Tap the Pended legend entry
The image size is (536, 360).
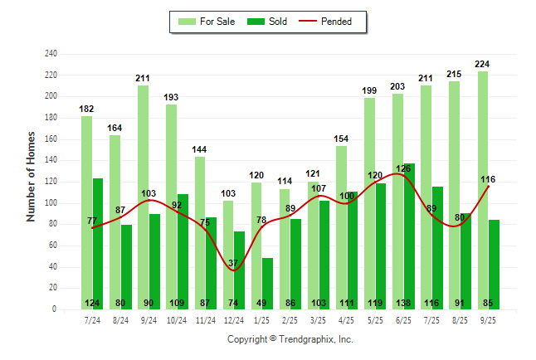[x=331, y=22]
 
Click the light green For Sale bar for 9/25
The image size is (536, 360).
[x=483, y=190]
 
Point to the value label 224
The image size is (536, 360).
[x=483, y=64]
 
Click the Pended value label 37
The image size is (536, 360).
[x=234, y=263]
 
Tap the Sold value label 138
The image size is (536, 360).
[x=409, y=303]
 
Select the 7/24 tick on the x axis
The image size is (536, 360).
[x=92, y=319]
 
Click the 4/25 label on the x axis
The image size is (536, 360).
[x=347, y=319]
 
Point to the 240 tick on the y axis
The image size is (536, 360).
[x=51, y=54]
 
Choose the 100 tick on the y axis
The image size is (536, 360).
[x=51, y=203]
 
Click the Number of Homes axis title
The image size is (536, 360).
[x=32, y=176]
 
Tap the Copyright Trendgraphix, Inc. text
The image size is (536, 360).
[x=290, y=339]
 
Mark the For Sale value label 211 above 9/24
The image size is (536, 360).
[x=144, y=78]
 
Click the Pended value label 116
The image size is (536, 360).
[x=488, y=179]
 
